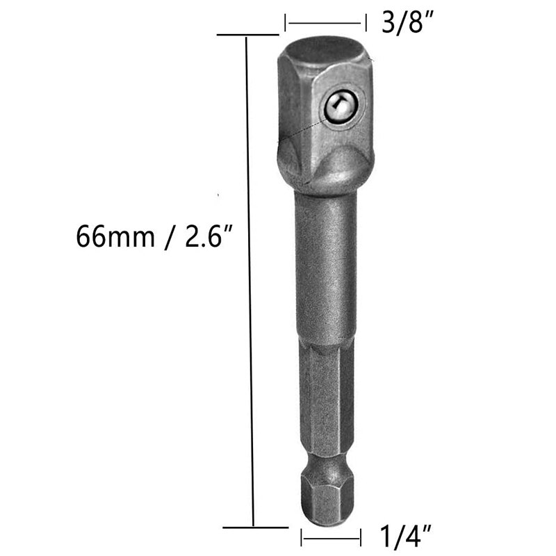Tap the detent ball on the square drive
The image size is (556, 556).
[x=340, y=106]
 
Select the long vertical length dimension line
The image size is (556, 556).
[x=250, y=278]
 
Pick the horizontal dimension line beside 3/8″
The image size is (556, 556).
[x=325, y=24]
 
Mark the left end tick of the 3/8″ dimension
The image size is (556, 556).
[x=285, y=24]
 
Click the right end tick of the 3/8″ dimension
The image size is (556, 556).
[x=365, y=24]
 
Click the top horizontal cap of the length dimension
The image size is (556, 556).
[x=247, y=34]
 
